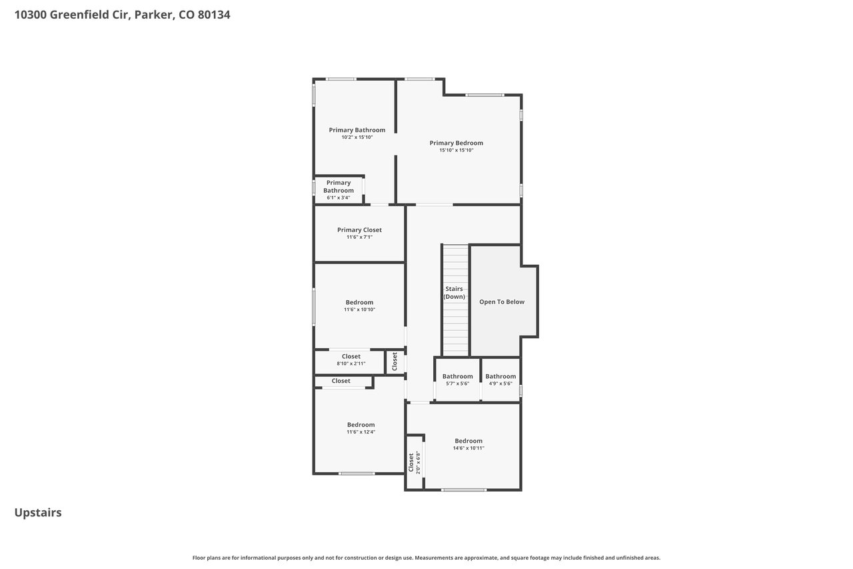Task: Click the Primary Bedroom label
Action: tap(456, 143)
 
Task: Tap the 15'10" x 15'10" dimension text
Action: tap(456, 150)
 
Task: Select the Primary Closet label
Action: tap(359, 230)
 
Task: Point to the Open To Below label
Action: tap(502, 302)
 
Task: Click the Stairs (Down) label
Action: tap(454, 293)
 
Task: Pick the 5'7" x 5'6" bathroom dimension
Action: tap(457, 384)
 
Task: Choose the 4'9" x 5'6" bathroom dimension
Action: tap(500, 384)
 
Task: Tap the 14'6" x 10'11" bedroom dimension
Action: tap(468, 448)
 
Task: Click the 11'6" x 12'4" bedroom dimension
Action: tap(361, 432)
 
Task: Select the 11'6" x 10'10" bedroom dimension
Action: tap(359, 310)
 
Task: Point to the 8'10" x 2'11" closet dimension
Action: tap(351, 364)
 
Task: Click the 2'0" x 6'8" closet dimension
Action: tap(418, 462)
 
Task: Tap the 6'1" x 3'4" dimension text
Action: tap(338, 198)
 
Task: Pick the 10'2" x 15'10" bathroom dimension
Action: tap(357, 137)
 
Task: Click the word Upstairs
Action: tap(38, 513)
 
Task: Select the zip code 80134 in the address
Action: tap(214, 15)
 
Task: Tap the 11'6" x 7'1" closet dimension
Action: tap(359, 237)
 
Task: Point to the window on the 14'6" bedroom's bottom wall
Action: tap(464, 490)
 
